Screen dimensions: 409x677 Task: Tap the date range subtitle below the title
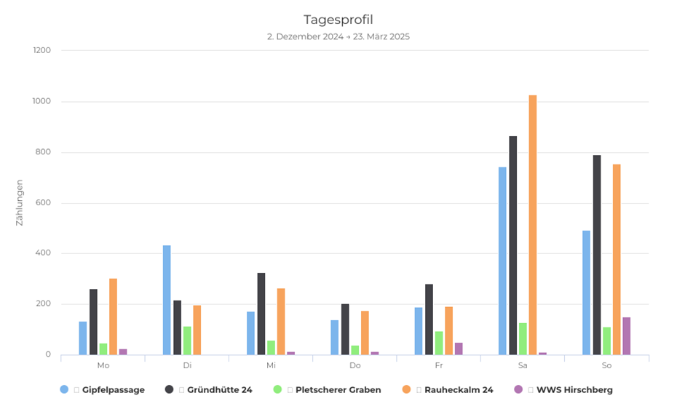tap(338, 36)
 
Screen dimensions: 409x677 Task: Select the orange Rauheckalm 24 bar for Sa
tap(533, 225)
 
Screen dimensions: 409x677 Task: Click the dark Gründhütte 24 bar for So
tap(597, 255)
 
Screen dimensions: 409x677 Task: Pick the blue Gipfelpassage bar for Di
tap(167, 300)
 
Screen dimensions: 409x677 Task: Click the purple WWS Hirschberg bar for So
tap(626, 336)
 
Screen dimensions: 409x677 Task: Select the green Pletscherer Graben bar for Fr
tap(439, 343)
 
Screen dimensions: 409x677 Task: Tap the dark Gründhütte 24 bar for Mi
tap(261, 314)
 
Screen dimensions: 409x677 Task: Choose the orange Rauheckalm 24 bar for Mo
tap(113, 317)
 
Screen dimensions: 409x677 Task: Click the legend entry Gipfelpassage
tap(113, 390)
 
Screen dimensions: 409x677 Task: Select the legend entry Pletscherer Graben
tap(338, 390)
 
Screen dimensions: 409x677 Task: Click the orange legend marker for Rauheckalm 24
tap(406, 389)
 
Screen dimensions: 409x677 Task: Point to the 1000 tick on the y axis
tap(41, 101)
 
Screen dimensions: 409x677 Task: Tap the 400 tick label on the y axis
tap(42, 253)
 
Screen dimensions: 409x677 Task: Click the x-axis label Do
tap(355, 365)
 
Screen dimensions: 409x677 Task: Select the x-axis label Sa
tap(523, 365)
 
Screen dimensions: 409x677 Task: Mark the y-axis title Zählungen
tap(20, 202)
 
